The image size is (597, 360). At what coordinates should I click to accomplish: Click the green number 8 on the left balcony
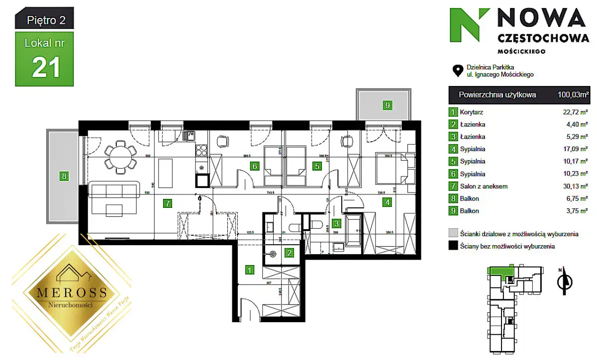[63, 176]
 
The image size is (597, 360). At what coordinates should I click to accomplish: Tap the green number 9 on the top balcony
[387, 105]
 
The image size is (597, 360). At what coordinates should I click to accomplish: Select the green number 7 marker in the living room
[168, 202]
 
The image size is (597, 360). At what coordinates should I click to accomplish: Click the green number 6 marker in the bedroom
[254, 166]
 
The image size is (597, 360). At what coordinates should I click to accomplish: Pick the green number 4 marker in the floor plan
[386, 202]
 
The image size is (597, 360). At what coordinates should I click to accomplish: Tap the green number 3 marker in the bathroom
[337, 224]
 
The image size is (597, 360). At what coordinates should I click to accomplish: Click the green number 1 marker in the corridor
[250, 270]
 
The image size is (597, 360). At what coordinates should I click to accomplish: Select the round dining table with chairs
[120, 156]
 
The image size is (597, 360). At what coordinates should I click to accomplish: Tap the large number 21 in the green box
[46, 67]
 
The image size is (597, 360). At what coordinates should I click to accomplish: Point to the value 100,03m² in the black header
[573, 95]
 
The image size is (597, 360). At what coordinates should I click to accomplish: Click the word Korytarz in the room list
[472, 112]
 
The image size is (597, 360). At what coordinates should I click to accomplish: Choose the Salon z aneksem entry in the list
[482, 186]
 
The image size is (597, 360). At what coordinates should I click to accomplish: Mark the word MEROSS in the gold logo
[68, 292]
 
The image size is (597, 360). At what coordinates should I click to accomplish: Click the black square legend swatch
[453, 246]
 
